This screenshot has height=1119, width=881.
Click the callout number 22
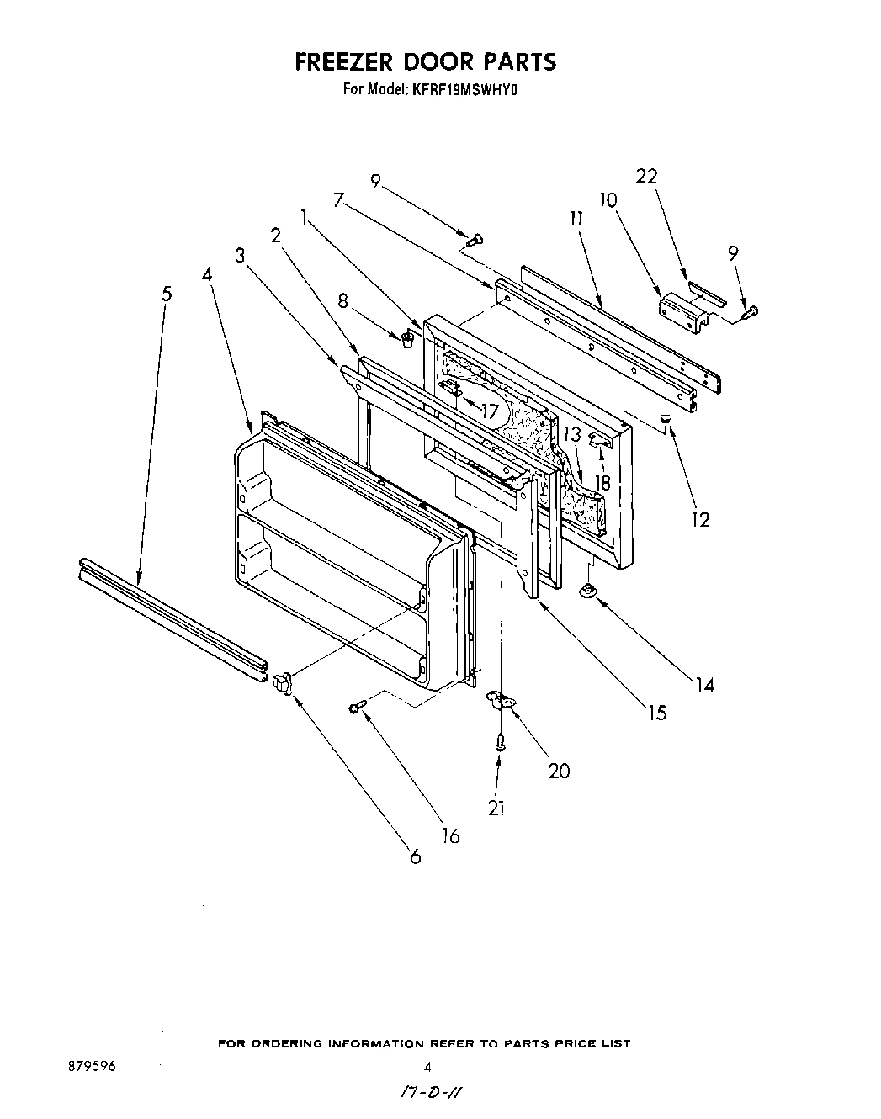coord(646,176)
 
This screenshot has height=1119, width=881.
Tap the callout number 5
coord(167,294)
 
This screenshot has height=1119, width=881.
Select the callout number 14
coord(704,686)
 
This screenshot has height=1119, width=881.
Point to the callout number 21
coord(496,808)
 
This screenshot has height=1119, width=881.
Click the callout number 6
coord(415,857)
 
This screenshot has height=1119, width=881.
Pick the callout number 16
coord(451,835)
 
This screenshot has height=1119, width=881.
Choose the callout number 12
coord(700,520)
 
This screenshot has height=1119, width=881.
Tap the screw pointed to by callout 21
coord(500,742)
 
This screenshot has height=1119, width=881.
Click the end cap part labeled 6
coord(283,681)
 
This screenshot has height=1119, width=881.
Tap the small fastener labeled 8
coord(407,339)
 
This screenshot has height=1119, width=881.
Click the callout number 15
coord(656,713)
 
